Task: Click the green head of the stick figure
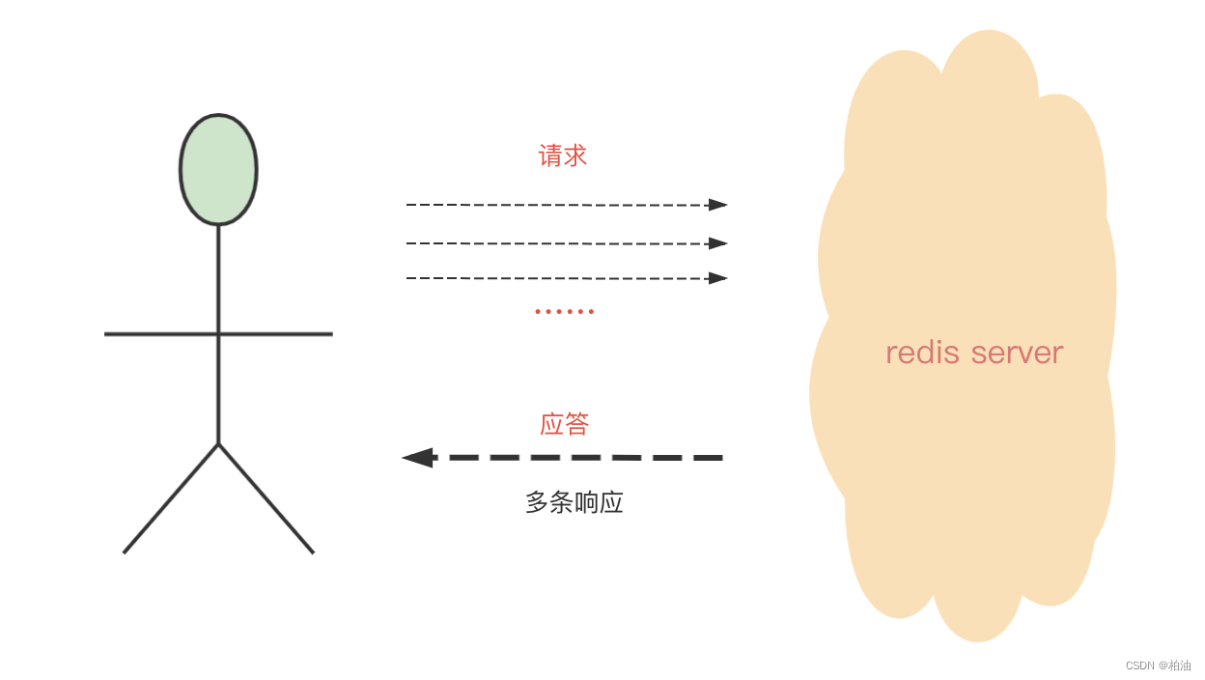tap(218, 170)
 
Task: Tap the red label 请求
tap(563, 156)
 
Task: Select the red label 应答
tap(564, 424)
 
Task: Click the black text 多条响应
tap(574, 502)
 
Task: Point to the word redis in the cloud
tap(923, 353)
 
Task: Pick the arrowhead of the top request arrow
tap(717, 205)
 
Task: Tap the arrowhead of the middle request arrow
tap(717, 243)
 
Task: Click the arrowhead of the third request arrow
tap(717, 278)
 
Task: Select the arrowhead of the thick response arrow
tap(418, 457)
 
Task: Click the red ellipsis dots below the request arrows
tap(565, 311)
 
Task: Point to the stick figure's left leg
tap(170, 499)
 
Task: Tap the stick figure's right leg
tap(266, 499)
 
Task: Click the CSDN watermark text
tap(1158, 666)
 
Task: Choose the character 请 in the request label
tap(550, 156)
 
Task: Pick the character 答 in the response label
tap(576, 424)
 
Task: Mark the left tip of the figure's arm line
tap(106, 334)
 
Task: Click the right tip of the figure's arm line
tap(331, 334)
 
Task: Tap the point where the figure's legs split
tap(219, 444)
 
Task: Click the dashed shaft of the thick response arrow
tap(579, 457)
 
